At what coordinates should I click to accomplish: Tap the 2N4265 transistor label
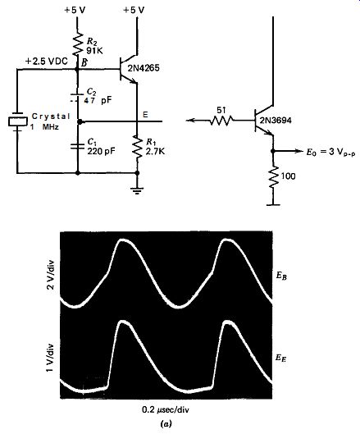pyautogui.click(x=144, y=68)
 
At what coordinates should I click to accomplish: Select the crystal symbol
pyautogui.click(x=18, y=121)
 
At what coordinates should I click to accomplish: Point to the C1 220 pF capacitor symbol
pyautogui.click(x=77, y=146)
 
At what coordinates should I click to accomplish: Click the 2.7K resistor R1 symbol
pyautogui.click(x=137, y=147)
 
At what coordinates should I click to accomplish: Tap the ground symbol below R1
pyautogui.click(x=137, y=190)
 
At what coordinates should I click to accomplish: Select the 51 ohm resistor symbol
pyautogui.click(x=221, y=121)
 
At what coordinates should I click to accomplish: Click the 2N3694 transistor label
pyautogui.click(x=276, y=121)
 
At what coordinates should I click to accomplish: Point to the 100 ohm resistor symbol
pyautogui.click(x=273, y=177)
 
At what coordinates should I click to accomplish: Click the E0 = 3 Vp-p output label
pyautogui.click(x=330, y=153)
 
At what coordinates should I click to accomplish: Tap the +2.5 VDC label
pyautogui.click(x=46, y=62)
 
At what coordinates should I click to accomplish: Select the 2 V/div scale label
pyautogui.click(x=51, y=276)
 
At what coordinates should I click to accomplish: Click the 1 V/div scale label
pyautogui.click(x=51, y=358)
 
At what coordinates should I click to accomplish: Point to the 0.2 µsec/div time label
pyautogui.click(x=166, y=409)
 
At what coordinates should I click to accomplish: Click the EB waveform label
pyautogui.click(x=281, y=276)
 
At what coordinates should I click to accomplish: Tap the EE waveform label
pyautogui.click(x=280, y=359)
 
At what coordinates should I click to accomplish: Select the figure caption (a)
pyautogui.click(x=166, y=424)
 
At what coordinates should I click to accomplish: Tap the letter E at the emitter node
pyautogui.click(x=145, y=115)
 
